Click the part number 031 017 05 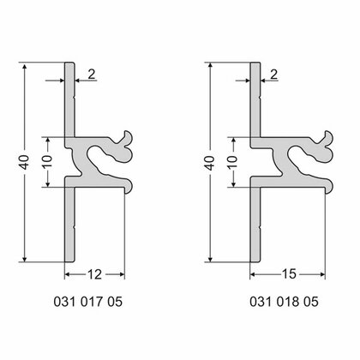(x=94, y=302)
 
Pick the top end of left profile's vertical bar (x=71, y=65)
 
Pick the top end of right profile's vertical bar (x=256, y=65)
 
